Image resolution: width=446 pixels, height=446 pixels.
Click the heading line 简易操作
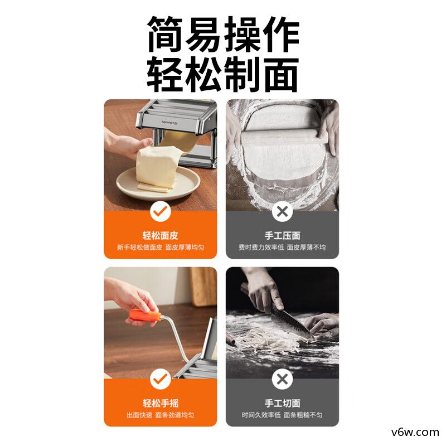(223, 35)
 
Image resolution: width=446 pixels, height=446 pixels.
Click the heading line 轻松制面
(223, 74)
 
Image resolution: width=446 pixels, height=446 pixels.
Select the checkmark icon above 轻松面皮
(161, 211)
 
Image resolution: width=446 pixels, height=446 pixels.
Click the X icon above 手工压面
(282, 211)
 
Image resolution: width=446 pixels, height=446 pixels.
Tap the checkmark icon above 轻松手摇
(161, 380)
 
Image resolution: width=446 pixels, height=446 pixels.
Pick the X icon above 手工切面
(282, 380)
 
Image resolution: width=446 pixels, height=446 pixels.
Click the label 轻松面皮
(161, 235)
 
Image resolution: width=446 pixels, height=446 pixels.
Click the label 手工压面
(282, 235)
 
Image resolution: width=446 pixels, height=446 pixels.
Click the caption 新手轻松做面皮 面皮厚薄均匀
(161, 247)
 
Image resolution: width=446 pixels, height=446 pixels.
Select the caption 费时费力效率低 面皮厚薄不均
(282, 247)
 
